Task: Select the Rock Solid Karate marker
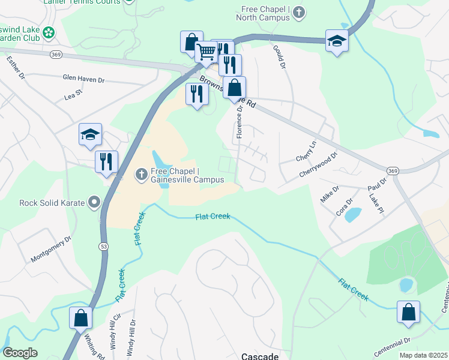[x=94, y=202]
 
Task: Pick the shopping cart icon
[x=206, y=53]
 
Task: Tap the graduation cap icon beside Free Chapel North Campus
[x=337, y=41]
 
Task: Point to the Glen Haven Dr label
[x=83, y=79]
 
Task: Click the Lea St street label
[x=73, y=95]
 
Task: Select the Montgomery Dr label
[x=51, y=248]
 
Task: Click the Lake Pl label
[x=376, y=204]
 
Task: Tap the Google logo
[x=20, y=353]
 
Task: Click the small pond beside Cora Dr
[x=354, y=214]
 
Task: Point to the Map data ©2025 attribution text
[x=423, y=355]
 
